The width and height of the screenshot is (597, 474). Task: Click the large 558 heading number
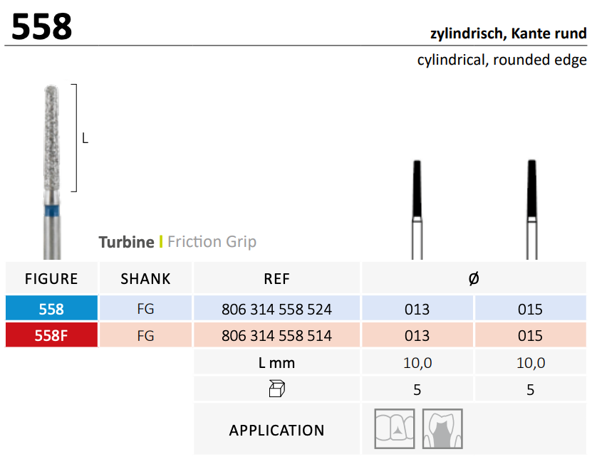click(41, 26)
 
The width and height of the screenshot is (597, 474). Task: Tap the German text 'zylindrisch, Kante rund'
click(508, 34)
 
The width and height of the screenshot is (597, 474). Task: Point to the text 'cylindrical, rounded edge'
click(502, 60)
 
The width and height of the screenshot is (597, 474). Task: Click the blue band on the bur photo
click(52, 211)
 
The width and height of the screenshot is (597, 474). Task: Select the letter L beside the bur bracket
click(85, 138)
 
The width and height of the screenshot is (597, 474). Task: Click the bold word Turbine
click(126, 242)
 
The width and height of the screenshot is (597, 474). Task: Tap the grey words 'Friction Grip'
click(212, 242)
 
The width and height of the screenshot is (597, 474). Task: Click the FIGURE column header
click(51, 279)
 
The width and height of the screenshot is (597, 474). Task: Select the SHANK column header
click(145, 279)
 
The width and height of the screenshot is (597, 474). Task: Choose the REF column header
click(277, 279)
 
